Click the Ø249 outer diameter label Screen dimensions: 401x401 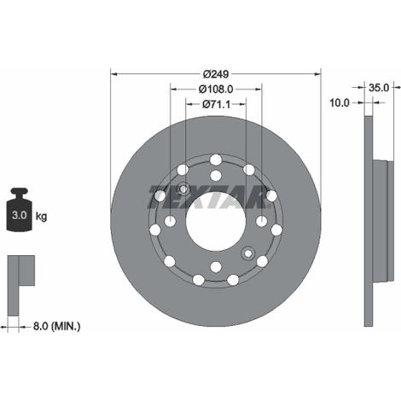(216, 74)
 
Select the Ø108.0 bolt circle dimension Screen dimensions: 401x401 (216, 90)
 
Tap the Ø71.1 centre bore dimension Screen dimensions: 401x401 (216, 104)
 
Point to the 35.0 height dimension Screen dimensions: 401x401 (379, 88)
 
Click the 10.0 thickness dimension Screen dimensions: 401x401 (340, 102)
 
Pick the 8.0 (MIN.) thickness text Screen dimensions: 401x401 (56, 326)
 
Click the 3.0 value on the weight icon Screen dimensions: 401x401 (20, 215)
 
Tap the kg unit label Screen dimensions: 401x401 (41, 217)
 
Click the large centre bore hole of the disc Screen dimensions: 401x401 (216, 221)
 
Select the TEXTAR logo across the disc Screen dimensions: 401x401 (209, 196)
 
